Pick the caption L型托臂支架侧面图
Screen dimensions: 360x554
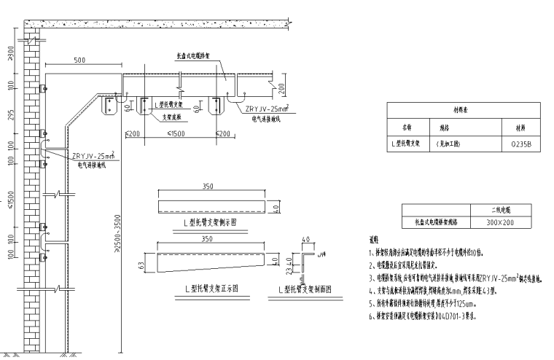[305, 289]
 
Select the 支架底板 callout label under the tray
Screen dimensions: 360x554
[168, 116]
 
